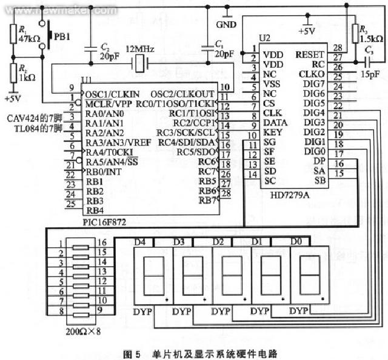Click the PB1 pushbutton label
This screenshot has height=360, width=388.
point(63,36)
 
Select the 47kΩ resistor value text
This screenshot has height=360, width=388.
point(28,38)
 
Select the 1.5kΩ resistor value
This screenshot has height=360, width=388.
point(370,38)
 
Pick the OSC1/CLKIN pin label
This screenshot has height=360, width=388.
point(112,94)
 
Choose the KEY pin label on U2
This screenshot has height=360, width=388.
point(273,132)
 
